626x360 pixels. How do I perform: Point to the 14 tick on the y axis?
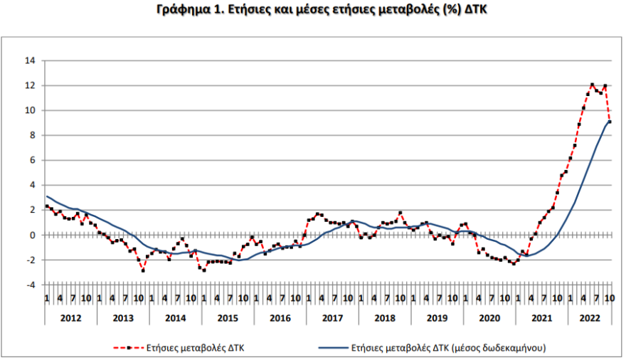click(31, 60)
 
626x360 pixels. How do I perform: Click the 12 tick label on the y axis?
click(31, 85)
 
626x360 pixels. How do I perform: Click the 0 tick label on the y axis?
click(33, 235)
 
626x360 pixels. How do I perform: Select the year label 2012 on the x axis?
click(70, 317)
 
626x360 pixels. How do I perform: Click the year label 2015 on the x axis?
click(227, 317)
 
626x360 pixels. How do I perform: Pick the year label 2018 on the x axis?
click(384, 317)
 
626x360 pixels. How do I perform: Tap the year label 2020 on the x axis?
click(489, 317)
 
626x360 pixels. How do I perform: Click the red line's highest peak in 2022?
click(592, 85)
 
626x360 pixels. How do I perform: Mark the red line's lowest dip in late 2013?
click(143, 270)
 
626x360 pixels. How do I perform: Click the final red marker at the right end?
click(610, 122)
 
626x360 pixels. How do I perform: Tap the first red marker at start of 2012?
click(47, 206)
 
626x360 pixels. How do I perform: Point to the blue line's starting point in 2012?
click(47, 196)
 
